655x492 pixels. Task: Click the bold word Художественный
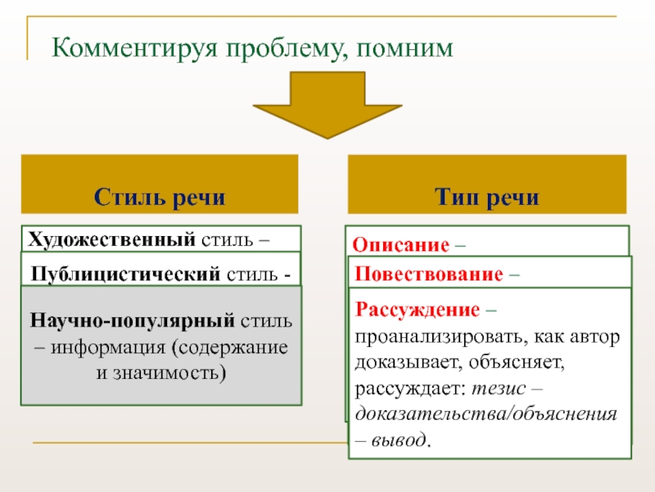tap(111, 240)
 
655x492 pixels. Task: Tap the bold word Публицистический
tap(124, 274)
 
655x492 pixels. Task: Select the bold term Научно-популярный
tap(133, 320)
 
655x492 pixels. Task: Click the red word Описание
tap(401, 245)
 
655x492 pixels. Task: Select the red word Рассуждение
tap(418, 311)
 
